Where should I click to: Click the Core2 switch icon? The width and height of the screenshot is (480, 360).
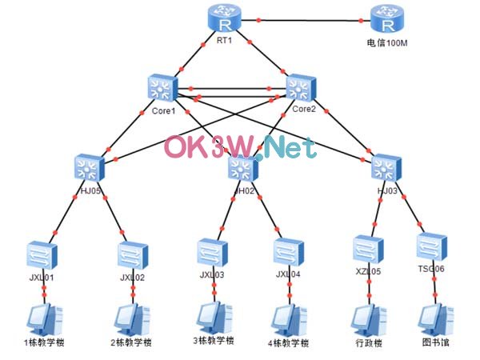pyautogui.click(x=301, y=88)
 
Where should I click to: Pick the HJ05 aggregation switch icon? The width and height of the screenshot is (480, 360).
pyautogui.click(x=89, y=167)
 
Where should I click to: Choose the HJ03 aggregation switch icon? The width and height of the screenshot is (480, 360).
pyautogui.click(x=386, y=167)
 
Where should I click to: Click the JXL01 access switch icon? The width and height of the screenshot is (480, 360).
pyautogui.click(x=38, y=254)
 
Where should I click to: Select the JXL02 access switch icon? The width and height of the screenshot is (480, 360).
pyautogui.click(x=131, y=254)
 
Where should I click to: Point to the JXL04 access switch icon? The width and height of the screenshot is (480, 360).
pyautogui.click(x=288, y=252)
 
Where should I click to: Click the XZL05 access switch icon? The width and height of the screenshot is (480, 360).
pyautogui.click(x=370, y=249)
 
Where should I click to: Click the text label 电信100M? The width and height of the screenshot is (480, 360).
pyautogui.click(x=387, y=42)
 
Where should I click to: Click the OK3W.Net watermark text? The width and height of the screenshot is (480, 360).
pyautogui.click(x=240, y=148)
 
